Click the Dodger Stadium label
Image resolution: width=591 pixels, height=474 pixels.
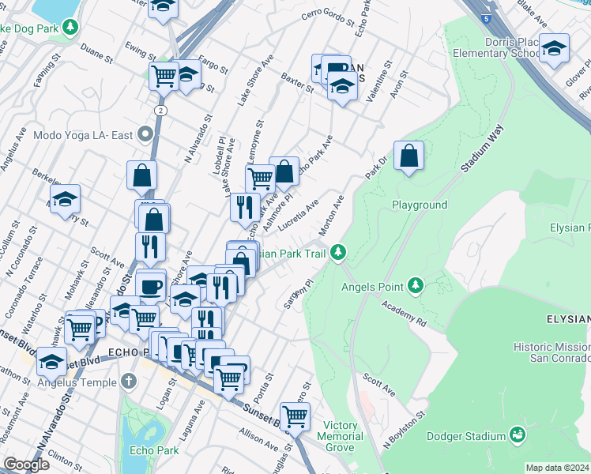(x=465, y=436)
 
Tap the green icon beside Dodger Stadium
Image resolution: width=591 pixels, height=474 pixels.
(x=518, y=435)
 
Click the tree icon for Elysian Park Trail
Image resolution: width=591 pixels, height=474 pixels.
(x=338, y=253)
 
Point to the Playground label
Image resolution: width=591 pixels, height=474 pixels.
(x=420, y=205)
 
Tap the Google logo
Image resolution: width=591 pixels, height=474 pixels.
(x=26, y=465)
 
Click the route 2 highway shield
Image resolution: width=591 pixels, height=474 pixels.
(x=161, y=109)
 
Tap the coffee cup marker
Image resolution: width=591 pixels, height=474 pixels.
(x=150, y=285)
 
